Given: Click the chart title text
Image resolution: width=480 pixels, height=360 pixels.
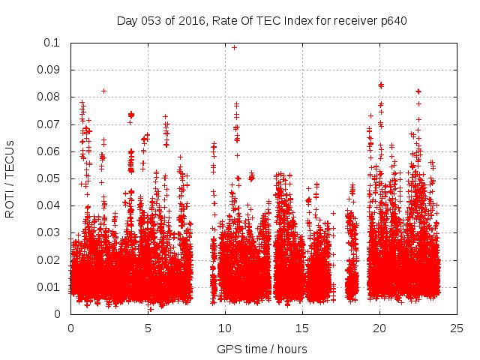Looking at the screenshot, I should [x=262, y=20].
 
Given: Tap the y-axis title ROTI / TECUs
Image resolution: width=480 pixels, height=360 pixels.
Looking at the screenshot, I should [x=10, y=178].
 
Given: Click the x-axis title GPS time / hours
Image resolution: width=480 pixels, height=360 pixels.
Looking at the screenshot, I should [x=262, y=349].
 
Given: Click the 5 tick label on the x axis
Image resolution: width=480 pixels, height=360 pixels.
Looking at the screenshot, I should [x=148, y=328].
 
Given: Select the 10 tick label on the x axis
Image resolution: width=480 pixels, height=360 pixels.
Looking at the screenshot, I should [x=225, y=328].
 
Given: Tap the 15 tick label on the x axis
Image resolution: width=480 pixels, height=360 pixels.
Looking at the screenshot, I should [x=302, y=328].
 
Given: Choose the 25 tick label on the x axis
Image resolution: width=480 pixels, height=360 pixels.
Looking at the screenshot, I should [x=457, y=328].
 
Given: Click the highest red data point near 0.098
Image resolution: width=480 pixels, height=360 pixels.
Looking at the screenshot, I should [x=234, y=47].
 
